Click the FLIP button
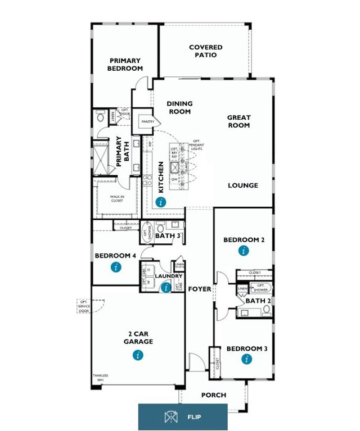pos(183,417)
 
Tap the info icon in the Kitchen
pos(161,202)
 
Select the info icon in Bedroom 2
pos(243,251)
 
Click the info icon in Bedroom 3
pos(246,359)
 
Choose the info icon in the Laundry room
pos(166,288)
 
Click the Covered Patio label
pos(205,51)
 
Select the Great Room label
pos(238,121)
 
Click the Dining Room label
pos(180,107)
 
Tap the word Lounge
pos(243,185)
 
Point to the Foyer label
pos(200,289)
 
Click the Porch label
pos(214,395)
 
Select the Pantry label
pos(148,121)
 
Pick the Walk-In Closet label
pos(118,198)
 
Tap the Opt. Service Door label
pos(85,306)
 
